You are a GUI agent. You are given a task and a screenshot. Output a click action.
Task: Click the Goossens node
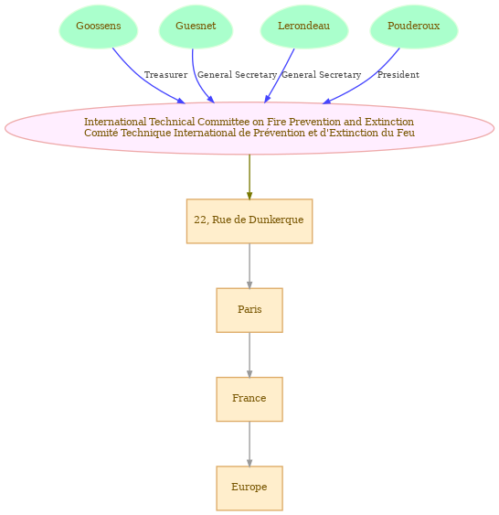(99, 27)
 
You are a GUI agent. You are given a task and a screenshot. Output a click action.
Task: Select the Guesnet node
(196, 27)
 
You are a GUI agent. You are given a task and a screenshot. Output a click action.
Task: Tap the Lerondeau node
(304, 27)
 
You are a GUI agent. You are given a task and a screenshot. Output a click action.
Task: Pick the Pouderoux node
(414, 27)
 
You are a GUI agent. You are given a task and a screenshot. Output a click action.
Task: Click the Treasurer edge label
(166, 75)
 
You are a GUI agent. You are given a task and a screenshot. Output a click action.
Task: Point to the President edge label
(398, 75)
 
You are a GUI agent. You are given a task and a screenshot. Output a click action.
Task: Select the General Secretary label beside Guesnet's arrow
(237, 75)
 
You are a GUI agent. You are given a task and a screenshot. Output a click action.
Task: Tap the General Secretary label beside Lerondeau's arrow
(321, 75)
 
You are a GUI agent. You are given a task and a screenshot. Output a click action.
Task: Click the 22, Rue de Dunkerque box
(249, 221)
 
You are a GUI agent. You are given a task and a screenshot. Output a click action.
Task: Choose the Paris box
(249, 310)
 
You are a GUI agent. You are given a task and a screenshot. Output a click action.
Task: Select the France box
(249, 399)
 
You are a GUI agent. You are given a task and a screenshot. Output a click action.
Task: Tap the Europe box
(249, 488)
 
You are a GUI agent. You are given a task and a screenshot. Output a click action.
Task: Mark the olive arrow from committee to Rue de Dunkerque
(249, 177)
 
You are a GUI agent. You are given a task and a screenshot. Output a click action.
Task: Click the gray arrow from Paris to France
(249, 355)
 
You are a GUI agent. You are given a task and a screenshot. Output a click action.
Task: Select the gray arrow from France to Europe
(249, 444)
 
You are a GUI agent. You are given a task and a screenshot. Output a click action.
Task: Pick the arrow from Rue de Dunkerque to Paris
(249, 266)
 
